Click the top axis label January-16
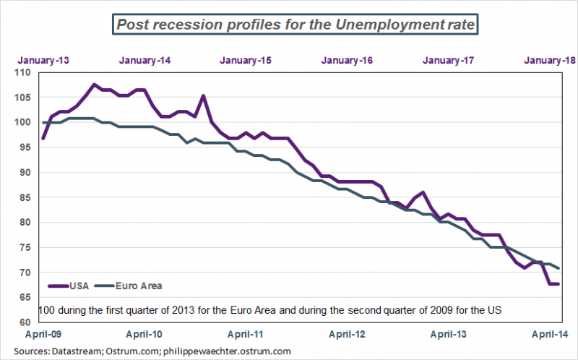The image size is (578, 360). (348, 60)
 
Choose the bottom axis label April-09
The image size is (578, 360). (43, 335)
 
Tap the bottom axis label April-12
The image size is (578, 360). (348, 335)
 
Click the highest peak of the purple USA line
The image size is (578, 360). (94, 85)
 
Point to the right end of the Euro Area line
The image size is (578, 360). (558, 268)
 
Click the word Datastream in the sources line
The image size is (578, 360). (74, 351)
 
